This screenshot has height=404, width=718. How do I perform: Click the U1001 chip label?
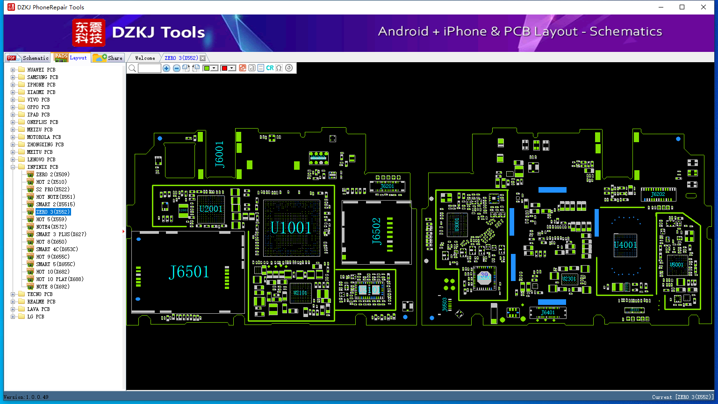291,228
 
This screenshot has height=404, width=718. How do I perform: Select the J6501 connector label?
189,272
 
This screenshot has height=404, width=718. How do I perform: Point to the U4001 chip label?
625,245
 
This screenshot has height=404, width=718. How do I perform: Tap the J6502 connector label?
377,231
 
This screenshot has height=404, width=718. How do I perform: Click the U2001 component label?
210,209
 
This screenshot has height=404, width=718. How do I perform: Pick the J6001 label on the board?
220,154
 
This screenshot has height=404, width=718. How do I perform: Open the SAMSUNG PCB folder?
42,77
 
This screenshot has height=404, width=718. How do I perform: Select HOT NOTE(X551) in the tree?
55,197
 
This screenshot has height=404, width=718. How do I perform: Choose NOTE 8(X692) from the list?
52,287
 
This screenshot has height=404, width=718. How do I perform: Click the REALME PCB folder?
41,302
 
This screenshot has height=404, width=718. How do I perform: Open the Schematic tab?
28,58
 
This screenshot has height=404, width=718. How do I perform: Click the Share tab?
108,58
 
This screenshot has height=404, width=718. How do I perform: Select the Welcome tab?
145,58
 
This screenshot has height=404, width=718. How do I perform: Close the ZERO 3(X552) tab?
202,58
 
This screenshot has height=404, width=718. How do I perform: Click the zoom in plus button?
166,68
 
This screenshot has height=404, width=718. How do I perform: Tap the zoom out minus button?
177,68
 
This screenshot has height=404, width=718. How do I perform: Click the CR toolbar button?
270,68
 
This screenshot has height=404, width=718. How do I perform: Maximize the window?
682,7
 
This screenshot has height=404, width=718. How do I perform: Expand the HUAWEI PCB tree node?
13,70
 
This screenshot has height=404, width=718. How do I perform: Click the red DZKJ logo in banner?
89,33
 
